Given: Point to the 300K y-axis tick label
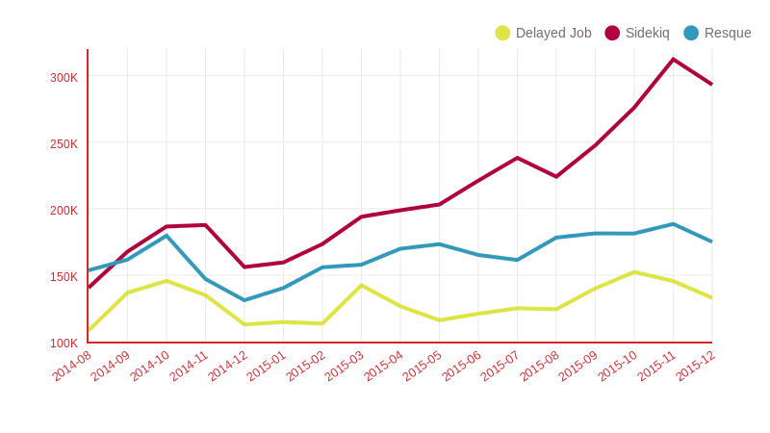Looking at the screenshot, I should (x=64, y=77).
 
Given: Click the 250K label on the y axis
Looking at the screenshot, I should (x=64, y=143).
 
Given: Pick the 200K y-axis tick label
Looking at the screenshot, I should (x=64, y=210).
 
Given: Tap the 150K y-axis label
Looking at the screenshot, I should (x=64, y=276).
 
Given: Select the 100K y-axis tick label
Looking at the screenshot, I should (x=64, y=343).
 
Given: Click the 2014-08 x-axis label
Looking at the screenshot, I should (x=72, y=367).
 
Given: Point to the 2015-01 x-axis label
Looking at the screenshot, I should (x=267, y=367).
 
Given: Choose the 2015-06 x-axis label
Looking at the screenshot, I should (x=462, y=367).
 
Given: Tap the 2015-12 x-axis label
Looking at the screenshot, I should (x=695, y=367).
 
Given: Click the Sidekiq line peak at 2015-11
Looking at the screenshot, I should (x=673, y=60).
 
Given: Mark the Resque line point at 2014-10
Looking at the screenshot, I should (x=167, y=236).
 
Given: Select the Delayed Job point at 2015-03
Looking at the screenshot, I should (x=361, y=285).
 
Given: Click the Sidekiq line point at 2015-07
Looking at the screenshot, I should (x=517, y=158).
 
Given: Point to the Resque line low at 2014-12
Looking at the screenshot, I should (x=244, y=300).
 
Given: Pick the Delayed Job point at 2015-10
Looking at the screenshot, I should (x=633, y=272).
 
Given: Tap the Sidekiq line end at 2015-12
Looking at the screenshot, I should (x=711, y=84).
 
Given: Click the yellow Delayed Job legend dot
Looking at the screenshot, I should (x=502, y=33).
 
